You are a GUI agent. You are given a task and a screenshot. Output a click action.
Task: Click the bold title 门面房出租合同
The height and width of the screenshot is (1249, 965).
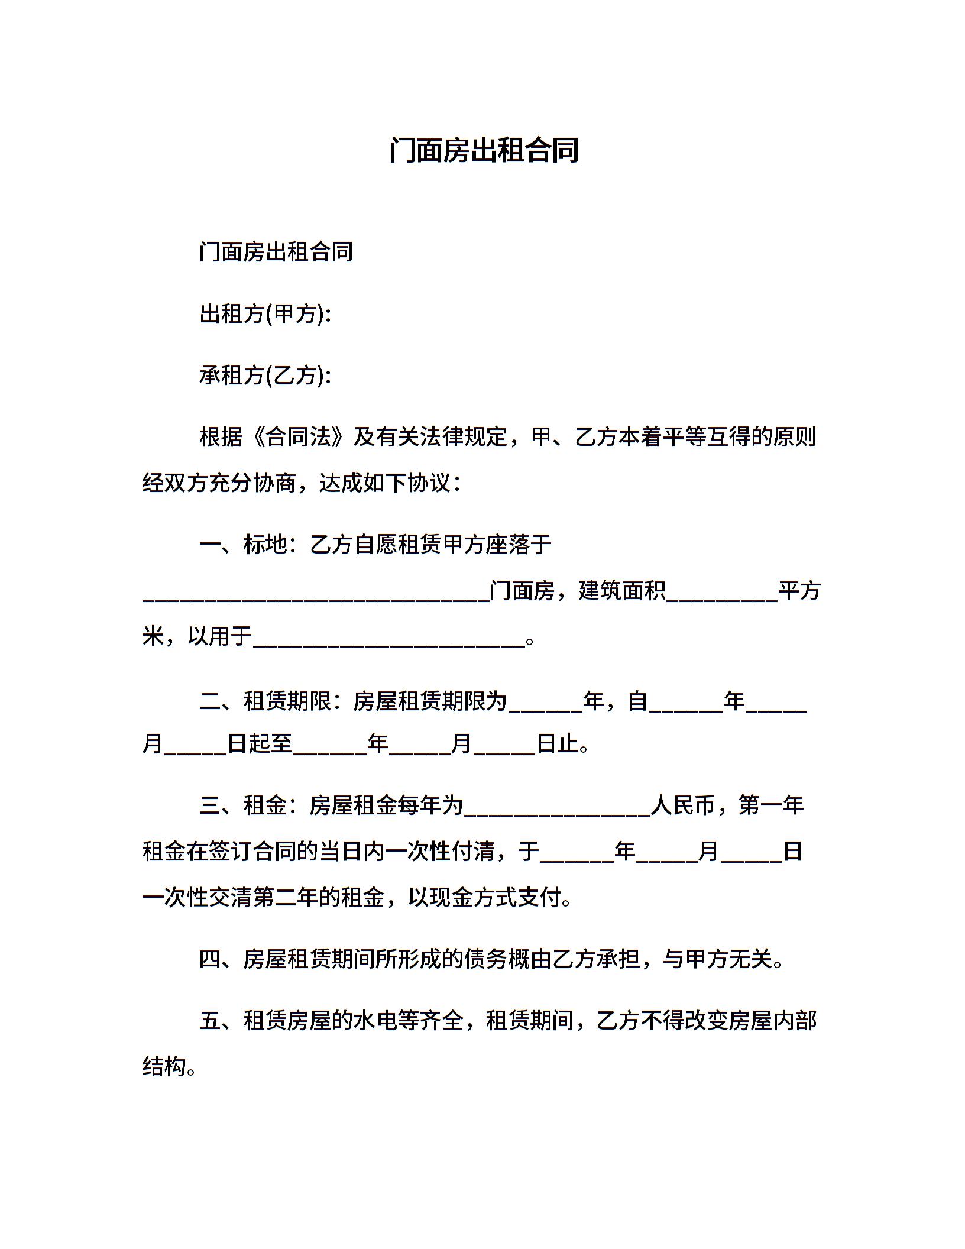tap(483, 150)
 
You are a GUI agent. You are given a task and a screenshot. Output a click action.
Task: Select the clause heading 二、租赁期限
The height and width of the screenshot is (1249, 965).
tap(265, 701)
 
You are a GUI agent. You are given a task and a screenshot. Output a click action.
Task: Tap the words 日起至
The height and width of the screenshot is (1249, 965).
tap(260, 743)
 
